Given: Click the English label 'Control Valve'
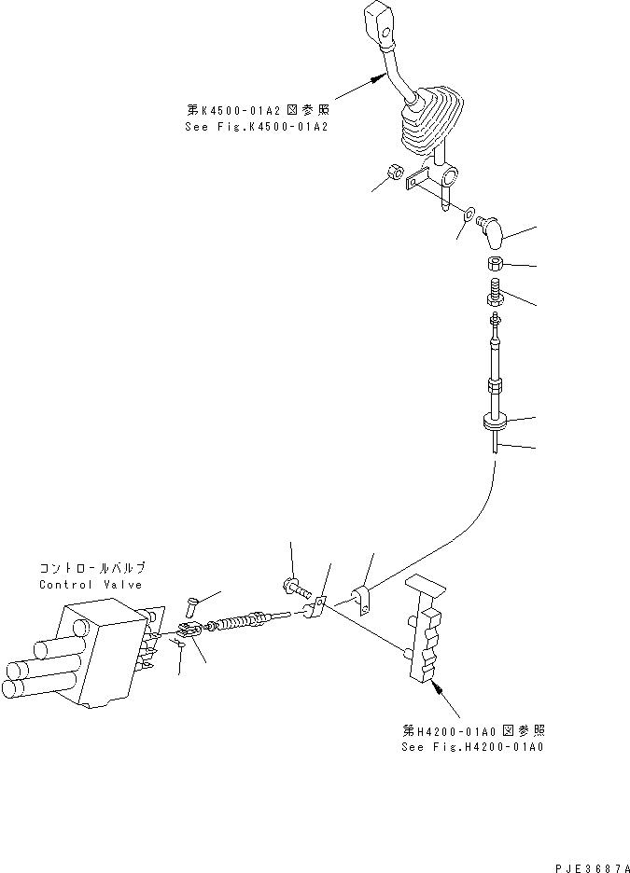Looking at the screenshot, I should pyautogui.click(x=91, y=585).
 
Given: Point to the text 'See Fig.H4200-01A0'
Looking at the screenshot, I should pyautogui.click(x=473, y=747).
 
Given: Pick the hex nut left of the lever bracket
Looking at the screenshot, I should pyautogui.click(x=395, y=173).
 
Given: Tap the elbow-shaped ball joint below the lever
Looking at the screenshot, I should pyautogui.click(x=491, y=226).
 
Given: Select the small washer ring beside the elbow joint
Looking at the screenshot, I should pyautogui.click(x=469, y=215).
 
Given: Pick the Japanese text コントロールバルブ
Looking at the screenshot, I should pyautogui.click(x=91, y=568).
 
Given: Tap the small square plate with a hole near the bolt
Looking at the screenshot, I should pyautogui.click(x=316, y=611).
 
